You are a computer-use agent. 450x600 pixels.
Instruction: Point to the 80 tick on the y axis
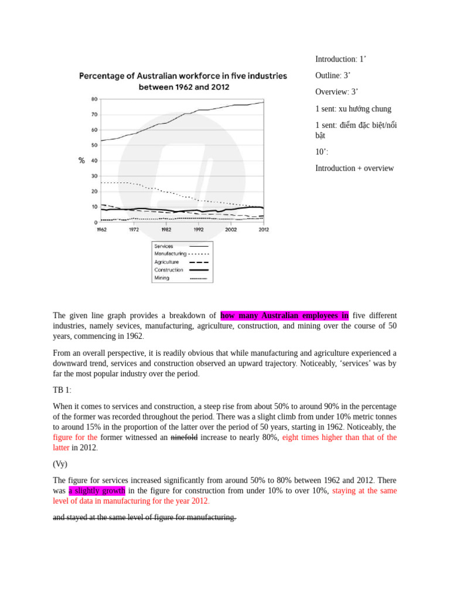pos(94,98)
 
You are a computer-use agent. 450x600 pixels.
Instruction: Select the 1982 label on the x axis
pos(166,230)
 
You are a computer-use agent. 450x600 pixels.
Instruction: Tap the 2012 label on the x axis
pos(263,230)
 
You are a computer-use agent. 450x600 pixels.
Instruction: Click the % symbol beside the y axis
pos(82,161)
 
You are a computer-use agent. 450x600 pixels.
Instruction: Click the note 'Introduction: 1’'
pos(341,59)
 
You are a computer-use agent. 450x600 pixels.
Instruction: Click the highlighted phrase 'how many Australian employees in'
pos(285,316)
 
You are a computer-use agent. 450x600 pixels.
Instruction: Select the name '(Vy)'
pos(60,464)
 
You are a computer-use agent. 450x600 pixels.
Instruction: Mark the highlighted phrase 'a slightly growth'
pos(97,490)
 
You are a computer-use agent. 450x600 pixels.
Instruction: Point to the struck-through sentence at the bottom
pos(145,517)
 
